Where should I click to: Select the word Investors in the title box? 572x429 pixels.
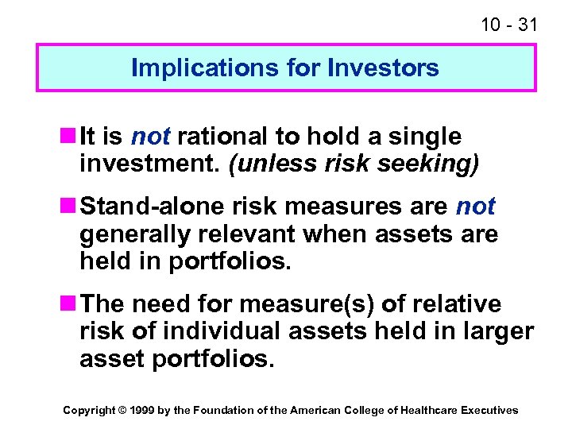[x=388, y=68]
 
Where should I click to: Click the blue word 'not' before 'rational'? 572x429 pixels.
[x=150, y=137]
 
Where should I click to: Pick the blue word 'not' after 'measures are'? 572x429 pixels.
[x=475, y=207]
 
